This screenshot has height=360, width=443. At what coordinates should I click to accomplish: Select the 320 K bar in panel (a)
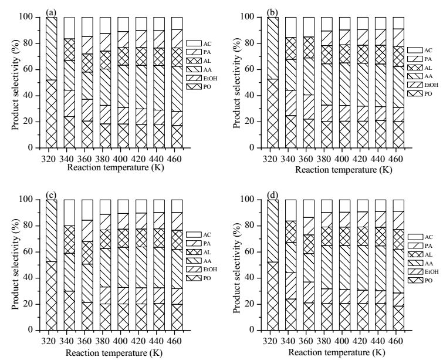[x=52, y=82]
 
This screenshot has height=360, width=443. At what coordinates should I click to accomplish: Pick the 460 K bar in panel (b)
[x=398, y=82]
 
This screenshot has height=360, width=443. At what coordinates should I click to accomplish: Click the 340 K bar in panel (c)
[x=69, y=265]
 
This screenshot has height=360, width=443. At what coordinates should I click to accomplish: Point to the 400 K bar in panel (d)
[x=344, y=265]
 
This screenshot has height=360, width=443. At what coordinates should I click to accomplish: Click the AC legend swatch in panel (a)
[x=194, y=43]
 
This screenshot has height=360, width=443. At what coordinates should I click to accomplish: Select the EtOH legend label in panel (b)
[x=431, y=85]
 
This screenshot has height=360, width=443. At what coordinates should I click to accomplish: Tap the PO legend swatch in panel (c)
[x=194, y=278]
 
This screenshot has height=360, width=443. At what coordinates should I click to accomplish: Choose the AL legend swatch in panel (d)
[x=415, y=254]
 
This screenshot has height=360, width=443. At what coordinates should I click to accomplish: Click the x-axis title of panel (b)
[x=344, y=170]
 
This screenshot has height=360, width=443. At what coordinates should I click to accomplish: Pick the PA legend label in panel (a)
[x=207, y=52]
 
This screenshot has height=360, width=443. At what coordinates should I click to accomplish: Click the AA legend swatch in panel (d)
[x=415, y=263]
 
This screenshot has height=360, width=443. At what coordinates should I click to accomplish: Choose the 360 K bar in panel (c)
[x=87, y=265]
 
